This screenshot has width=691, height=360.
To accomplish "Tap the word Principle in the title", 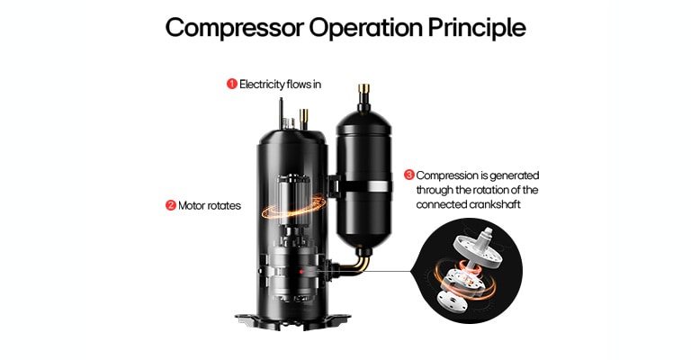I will [x=473, y=27].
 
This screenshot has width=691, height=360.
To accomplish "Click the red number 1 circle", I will [x=231, y=84].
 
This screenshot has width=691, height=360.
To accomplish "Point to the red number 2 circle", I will [x=170, y=205].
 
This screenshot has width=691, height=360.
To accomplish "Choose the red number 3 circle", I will [x=409, y=175].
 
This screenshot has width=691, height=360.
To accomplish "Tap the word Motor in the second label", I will [x=193, y=205].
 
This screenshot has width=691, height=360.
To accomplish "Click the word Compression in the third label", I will [x=451, y=175].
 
